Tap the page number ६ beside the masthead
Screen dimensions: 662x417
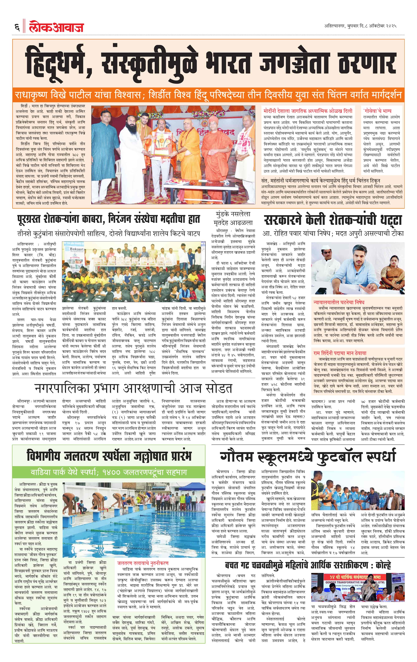click(17, 27)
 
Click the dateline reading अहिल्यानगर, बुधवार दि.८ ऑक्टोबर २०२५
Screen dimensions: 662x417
click(360, 26)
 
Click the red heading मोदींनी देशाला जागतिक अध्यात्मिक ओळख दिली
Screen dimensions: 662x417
click(307, 111)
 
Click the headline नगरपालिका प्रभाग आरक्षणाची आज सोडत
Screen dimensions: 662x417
click(133, 388)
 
